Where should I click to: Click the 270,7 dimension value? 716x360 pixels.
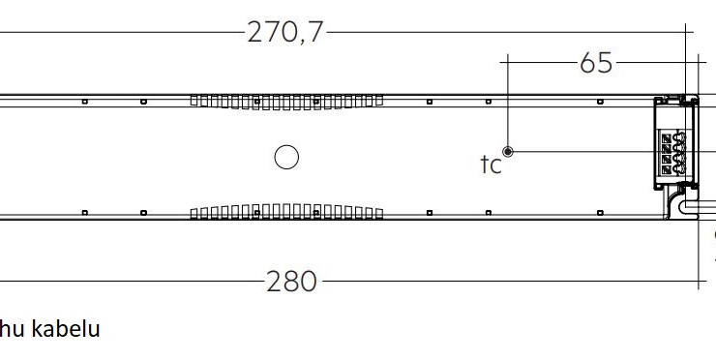pos(284,33)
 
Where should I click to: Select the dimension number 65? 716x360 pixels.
pos(596,63)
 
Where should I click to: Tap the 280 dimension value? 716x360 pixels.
pos(291,281)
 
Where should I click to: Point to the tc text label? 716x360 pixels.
pos(491,165)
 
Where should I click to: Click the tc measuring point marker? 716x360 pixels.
pos(507,152)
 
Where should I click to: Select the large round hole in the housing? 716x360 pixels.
pos(286,157)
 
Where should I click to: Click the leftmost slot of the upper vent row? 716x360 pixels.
pos(194,101)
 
